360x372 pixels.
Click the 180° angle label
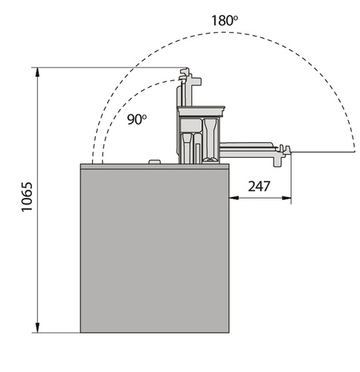(225, 20)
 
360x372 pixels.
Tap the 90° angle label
(137, 119)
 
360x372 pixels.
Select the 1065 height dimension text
(27, 197)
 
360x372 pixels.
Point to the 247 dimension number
(259, 186)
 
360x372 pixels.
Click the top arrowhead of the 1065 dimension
(37, 72)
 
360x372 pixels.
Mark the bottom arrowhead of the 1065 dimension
(37, 327)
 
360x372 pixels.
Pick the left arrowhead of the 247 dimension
(234, 198)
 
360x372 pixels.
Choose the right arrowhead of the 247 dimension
(286, 198)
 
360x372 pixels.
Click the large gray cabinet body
(155, 251)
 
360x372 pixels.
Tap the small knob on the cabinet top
(155, 161)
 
